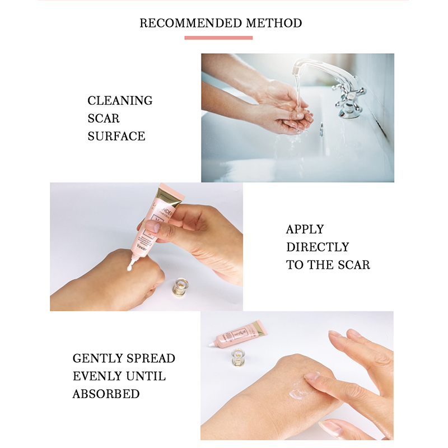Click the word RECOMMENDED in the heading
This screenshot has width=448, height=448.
tap(191, 23)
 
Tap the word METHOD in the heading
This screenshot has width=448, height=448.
tap(274, 23)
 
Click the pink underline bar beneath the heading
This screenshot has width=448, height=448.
tap(218, 38)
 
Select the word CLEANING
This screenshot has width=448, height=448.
tap(120, 101)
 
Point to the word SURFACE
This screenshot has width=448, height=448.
tap(116, 136)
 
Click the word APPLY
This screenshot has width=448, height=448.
tap(305, 230)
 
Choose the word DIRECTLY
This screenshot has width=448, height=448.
tap(318, 247)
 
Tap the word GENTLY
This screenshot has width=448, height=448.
tap(97, 358)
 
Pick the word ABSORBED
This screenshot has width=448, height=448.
tap(106, 394)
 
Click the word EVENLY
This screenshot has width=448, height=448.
tap(97, 376)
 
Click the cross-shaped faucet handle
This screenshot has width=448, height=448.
tap(349, 96)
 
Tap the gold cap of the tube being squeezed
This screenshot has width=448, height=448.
tap(169, 197)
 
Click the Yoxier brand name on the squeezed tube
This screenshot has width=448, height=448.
tap(142, 247)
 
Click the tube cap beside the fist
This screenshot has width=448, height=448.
tap(181, 287)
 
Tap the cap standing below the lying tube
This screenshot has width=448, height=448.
tap(237, 357)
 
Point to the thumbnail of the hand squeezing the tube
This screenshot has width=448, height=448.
tap(152, 226)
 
